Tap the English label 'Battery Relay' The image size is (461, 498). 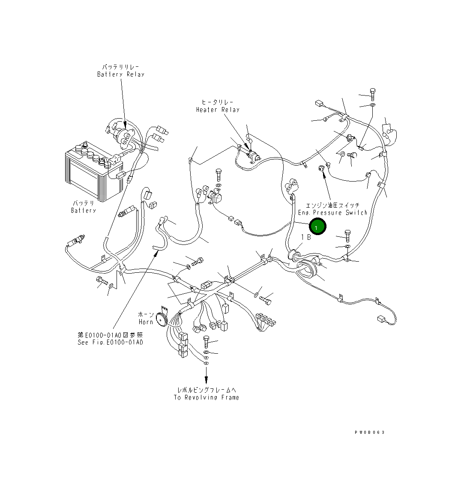click(x=120, y=75)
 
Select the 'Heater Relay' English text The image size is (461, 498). click(x=218, y=110)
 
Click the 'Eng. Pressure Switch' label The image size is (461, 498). click(x=332, y=212)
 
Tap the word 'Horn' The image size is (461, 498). click(x=146, y=322)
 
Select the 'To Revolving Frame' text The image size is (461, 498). click(x=206, y=397)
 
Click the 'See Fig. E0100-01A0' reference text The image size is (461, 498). click(x=110, y=342)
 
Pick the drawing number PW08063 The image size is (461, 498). click(x=369, y=432)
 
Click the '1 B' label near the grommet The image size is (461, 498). click(x=305, y=237)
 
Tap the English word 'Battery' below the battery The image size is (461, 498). click(x=84, y=210)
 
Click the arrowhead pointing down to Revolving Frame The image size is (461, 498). click(x=206, y=380)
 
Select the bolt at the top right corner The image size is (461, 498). click(x=372, y=93)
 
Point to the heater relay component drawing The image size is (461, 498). click(x=253, y=157)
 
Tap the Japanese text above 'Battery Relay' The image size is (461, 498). click(x=120, y=67)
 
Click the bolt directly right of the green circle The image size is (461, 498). click(x=347, y=235)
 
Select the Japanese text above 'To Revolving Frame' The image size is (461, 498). click(x=206, y=390)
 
